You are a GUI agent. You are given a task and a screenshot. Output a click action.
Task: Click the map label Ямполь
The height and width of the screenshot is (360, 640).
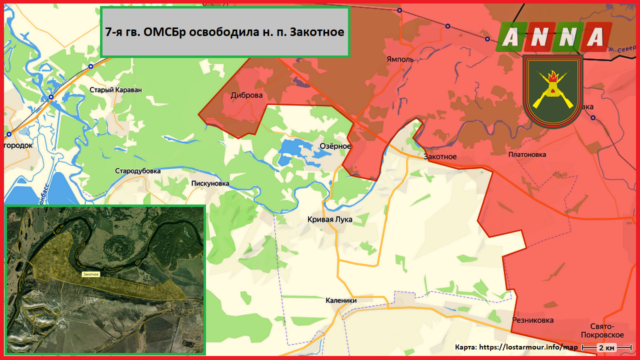coord(400,59)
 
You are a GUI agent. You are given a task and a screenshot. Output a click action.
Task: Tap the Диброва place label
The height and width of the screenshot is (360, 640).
coord(246,95)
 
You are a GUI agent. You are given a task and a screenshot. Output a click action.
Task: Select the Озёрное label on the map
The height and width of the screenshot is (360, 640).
coord(335,146)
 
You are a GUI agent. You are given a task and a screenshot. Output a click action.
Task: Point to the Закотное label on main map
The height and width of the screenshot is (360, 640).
coord(440,156)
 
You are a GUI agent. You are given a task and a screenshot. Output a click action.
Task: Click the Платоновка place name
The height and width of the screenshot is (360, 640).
coord(527,154)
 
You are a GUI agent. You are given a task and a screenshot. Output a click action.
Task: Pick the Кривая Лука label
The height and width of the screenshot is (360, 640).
coord(329,219)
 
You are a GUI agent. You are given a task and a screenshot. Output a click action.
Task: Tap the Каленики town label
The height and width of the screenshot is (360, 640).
coord(341,300)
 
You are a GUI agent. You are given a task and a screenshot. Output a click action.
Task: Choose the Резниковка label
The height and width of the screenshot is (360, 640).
coord(532,320)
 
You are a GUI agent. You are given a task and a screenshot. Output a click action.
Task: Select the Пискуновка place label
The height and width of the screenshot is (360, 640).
coord(210,183)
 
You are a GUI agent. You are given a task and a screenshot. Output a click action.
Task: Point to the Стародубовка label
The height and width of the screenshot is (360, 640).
coord(138,171)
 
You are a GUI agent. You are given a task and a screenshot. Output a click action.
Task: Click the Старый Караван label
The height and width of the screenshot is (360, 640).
coord(115,90)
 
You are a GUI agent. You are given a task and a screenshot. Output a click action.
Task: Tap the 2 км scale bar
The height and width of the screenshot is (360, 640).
coord(607,347)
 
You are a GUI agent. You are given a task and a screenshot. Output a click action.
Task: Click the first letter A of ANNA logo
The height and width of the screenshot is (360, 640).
coord(510,37)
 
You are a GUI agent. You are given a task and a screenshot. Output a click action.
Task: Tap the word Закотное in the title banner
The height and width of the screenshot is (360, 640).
coord(316,32)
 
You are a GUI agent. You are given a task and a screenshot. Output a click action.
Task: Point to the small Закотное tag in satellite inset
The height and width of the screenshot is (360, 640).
coord(91,274)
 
